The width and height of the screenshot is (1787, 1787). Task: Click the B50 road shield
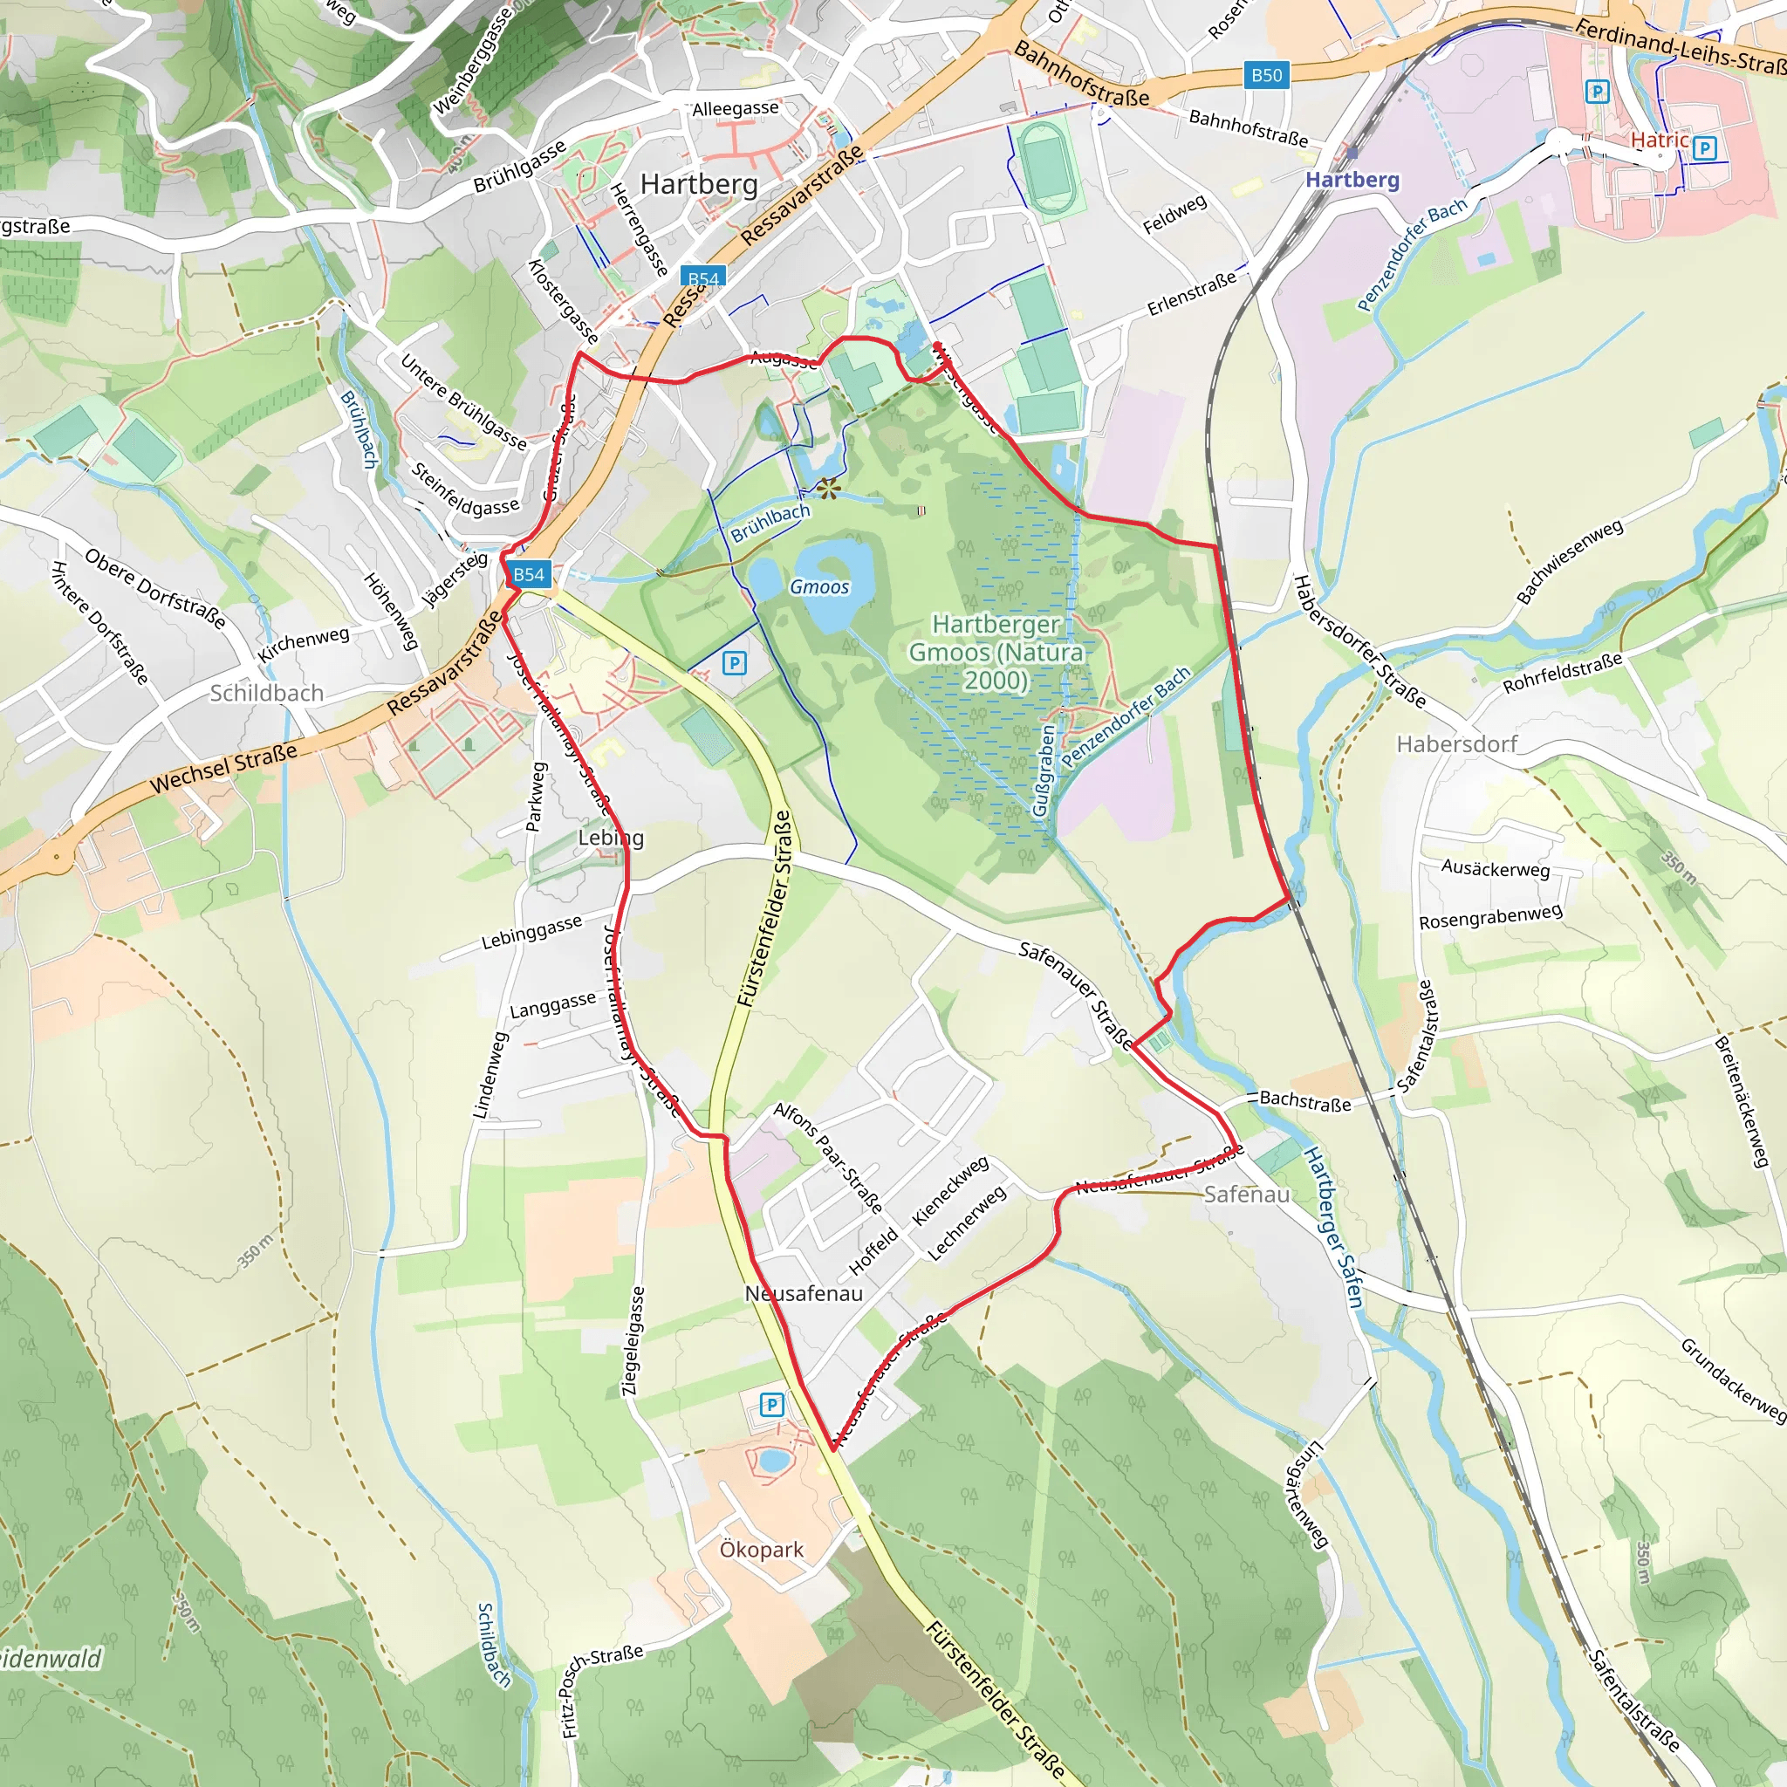pyautogui.click(x=1266, y=75)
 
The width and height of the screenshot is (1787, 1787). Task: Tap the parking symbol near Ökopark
pyautogui.click(x=771, y=1405)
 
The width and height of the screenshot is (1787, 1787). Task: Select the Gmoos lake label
pyautogui.click(x=818, y=586)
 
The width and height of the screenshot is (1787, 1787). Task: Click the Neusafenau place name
pyautogui.click(x=804, y=1293)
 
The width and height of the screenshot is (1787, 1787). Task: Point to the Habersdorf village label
pyautogui.click(x=1457, y=743)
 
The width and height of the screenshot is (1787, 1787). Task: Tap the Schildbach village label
pyautogui.click(x=266, y=693)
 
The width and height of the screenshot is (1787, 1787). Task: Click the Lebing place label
pyautogui.click(x=611, y=837)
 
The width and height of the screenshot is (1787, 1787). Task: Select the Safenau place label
pyautogui.click(x=1246, y=1195)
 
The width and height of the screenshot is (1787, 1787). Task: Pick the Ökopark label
pyautogui.click(x=761, y=1550)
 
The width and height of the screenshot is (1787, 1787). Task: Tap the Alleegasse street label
pyautogui.click(x=736, y=108)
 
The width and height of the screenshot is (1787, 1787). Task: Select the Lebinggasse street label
pyautogui.click(x=532, y=931)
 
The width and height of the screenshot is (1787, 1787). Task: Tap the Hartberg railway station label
pyautogui.click(x=1352, y=180)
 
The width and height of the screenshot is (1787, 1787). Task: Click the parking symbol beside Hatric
pyautogui.click(x=1705, y=148)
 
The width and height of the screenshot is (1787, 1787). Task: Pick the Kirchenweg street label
pyautogui.click(x=304, y=643)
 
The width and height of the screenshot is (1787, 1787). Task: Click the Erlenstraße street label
pyautogui.click(x=1191, y=293)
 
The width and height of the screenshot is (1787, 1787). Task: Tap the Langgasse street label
pyautogui.click(x=553, y=1004)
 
